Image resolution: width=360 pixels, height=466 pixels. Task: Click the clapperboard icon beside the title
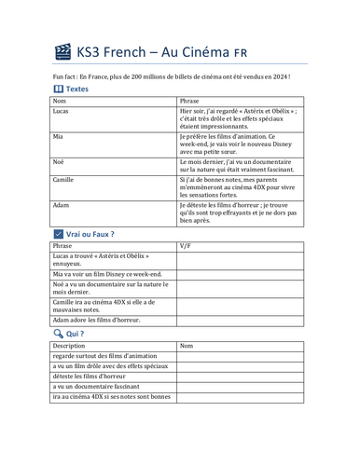[x=62, y=51]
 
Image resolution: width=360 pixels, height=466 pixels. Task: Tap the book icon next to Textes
[x=61, y=89]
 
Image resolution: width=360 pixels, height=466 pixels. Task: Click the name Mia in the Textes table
[x=58, y=136]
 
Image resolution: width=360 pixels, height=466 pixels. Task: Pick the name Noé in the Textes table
[x=59, y=161]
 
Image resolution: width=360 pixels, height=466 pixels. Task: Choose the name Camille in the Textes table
[x=64, y=179]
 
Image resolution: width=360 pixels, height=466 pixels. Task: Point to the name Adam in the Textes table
[x=61, y=204]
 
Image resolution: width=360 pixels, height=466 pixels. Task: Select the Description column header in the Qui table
[x=70, y=345]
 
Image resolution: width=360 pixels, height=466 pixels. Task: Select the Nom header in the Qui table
[x=187, y=345]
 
